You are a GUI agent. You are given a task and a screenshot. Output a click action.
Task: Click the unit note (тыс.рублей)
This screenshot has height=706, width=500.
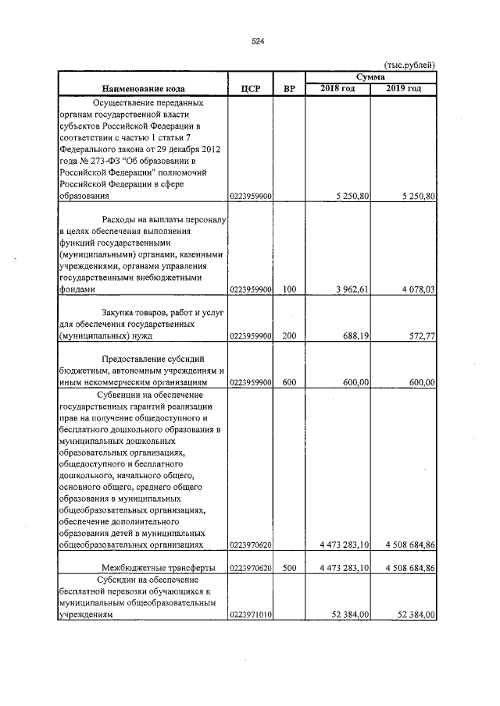point(410,65)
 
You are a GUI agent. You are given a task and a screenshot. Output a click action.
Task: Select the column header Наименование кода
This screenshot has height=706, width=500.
point(142,89)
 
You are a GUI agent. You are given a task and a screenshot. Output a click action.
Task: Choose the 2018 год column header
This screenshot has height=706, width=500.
point(337,89)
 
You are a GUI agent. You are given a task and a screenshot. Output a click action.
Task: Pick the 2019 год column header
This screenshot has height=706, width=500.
point(403,89)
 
